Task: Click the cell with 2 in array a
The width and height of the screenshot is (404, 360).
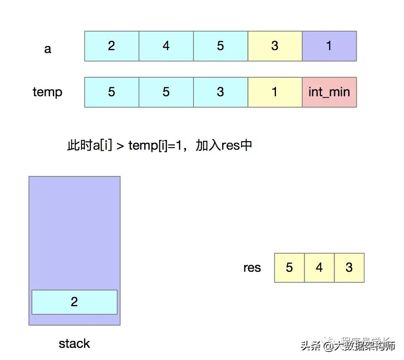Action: [112, 46]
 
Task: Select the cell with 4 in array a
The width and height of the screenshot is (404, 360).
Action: [166, 46]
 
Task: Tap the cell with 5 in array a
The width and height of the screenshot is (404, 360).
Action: [220, 46]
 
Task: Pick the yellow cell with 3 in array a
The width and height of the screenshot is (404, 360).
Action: [275, 46]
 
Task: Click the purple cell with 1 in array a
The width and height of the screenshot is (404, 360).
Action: [329, 46]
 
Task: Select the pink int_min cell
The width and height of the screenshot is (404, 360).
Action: [329, 92]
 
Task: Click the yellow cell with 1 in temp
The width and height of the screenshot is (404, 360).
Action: [275, 92]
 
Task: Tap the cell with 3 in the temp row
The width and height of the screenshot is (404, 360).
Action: [220, 92]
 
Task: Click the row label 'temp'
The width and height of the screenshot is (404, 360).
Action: [48, 92]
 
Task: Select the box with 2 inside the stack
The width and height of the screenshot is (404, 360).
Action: [74, 302]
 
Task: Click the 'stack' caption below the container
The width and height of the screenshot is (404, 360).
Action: [74, 344]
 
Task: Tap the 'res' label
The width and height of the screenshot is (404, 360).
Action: [252, 268]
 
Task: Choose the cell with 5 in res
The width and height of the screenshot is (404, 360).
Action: [289, 268]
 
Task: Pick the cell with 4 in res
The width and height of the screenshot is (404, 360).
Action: [319, 268]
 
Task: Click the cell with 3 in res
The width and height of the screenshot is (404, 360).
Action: [349, 268]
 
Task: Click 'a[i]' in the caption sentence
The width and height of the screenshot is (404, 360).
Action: [103, 145]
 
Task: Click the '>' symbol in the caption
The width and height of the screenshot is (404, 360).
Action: [120, 146]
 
